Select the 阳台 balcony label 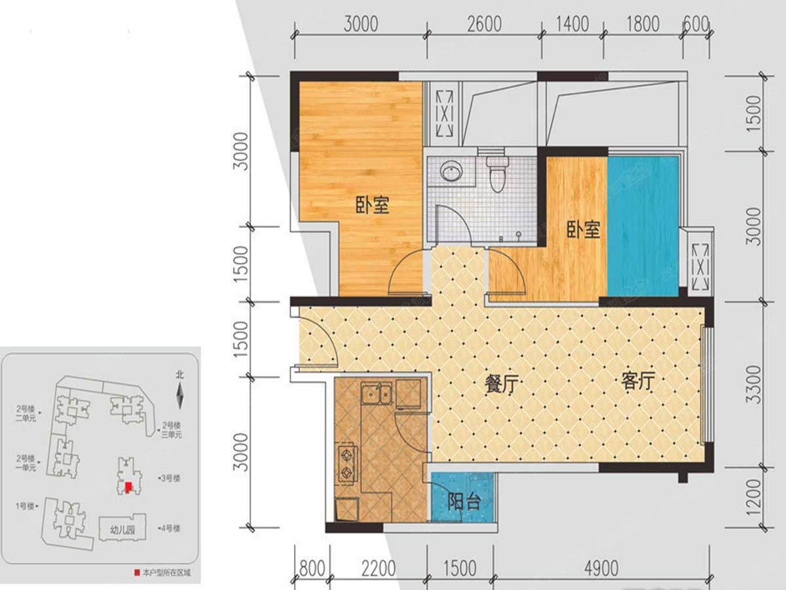tap(464, 503)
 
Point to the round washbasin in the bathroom tap(451, 172)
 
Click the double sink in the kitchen tap(376, 394)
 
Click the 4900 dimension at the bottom tap(599, 568)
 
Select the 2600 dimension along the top tap(485, 24)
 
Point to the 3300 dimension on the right tap(755, 384)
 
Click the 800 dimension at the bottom tap(312, 568)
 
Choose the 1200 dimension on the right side tap(755, 496)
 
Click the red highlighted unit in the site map tap(129, 487)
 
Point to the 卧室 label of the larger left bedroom tap(373, 206)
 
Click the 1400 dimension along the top tap(572, 24)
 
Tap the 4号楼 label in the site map tap(171, 528)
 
